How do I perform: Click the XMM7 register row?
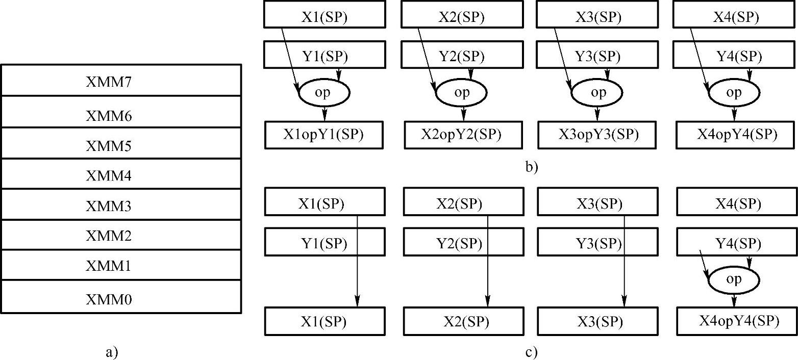[x=120, y=81]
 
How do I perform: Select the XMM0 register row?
[x=120, y=298]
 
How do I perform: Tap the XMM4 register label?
[x=109, y=176]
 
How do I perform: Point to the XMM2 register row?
[x=120, y=236]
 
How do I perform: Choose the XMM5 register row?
[x=120, y=146]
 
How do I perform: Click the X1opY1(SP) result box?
[x=324, y=135]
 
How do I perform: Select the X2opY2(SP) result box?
[x=461, y=135]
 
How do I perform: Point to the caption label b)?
[x=532, y=166]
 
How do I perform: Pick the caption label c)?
[x=532, y=352]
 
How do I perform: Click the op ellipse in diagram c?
[x=734, y=279]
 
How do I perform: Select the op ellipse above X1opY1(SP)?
[x=324, y=93]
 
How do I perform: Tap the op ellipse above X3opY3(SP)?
[x=597, y=93]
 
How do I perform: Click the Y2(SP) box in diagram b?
[x=461, y=55]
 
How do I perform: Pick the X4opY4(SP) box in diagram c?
[x=736, y=321]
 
